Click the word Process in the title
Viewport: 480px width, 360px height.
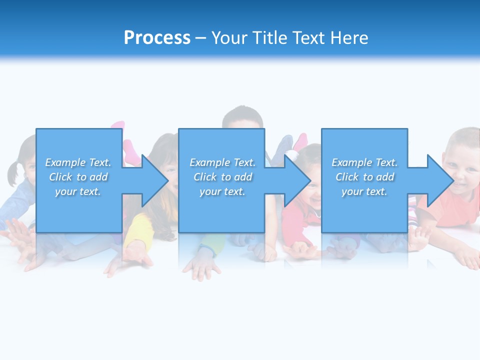click(x=157, y=38)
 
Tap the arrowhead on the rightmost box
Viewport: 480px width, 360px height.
click(x=440, y=180)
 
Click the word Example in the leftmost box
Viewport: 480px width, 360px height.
click(x=65, y=162)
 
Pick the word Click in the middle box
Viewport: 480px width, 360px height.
click(x=205, y=177)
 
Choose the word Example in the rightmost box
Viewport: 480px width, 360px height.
click(x=351, y=162)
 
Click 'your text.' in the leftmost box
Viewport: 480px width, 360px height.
click(x=78, y=191)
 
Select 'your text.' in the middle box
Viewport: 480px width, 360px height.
click(x=222, y=191)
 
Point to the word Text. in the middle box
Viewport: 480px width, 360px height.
click(x=243, y=162)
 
